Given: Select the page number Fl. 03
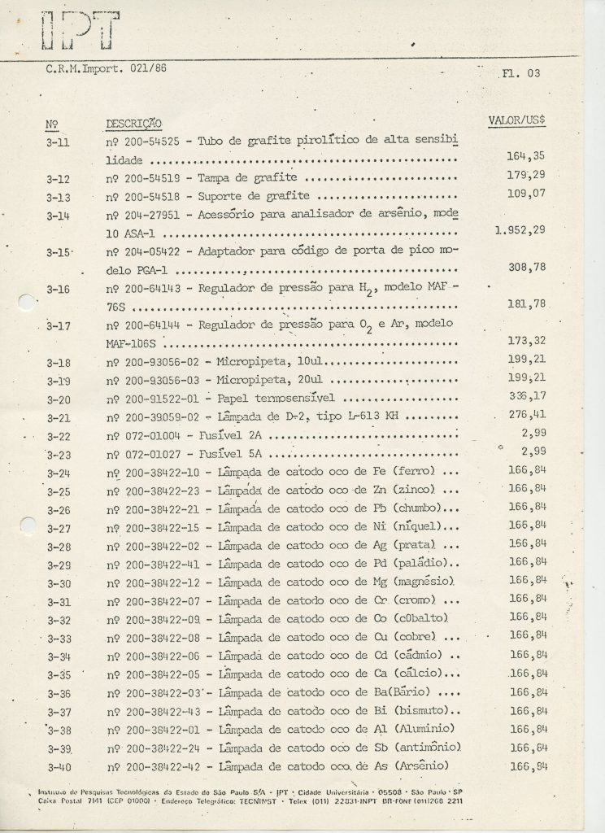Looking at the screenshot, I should pos(520,75).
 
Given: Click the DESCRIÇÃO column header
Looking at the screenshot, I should pos(133,124).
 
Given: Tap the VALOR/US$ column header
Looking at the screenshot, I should pos(516,120).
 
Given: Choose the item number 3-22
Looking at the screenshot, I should pos(59,437).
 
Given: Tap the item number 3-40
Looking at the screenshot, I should pos(60,766).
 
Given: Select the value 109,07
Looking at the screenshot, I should pos(531,195).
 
